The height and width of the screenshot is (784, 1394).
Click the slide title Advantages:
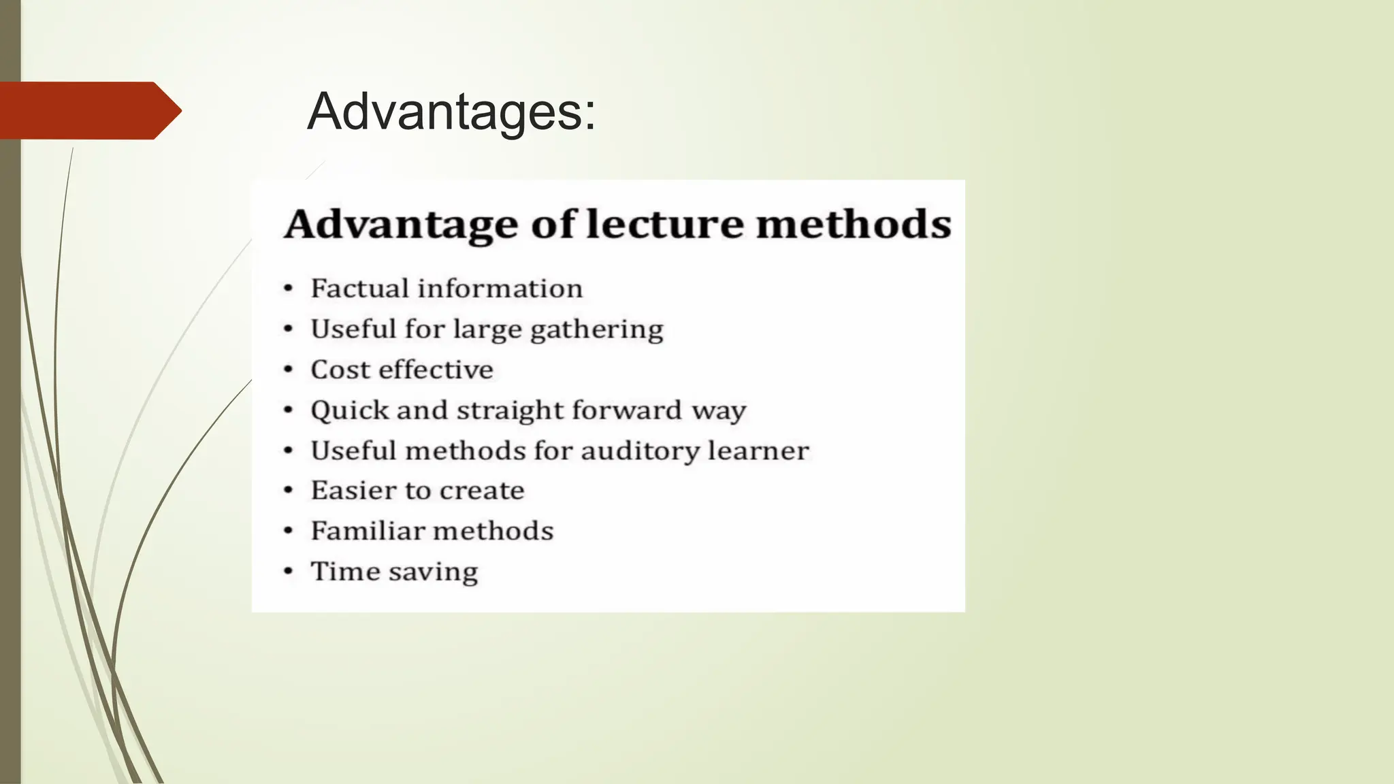(x=451, y=112)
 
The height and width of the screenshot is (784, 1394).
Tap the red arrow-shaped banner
(x=88, y=110)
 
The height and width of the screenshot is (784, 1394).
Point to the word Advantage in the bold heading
(x=401, y=225)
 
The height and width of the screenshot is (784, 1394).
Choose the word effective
(x=436, y=370)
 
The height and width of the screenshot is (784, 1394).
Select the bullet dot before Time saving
(x=289, y=572)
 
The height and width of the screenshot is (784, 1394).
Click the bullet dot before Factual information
(x=289, y=289)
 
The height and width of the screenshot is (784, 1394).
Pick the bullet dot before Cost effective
(x=289, y=370)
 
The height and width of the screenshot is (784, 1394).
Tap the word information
(x=500, y=289)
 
